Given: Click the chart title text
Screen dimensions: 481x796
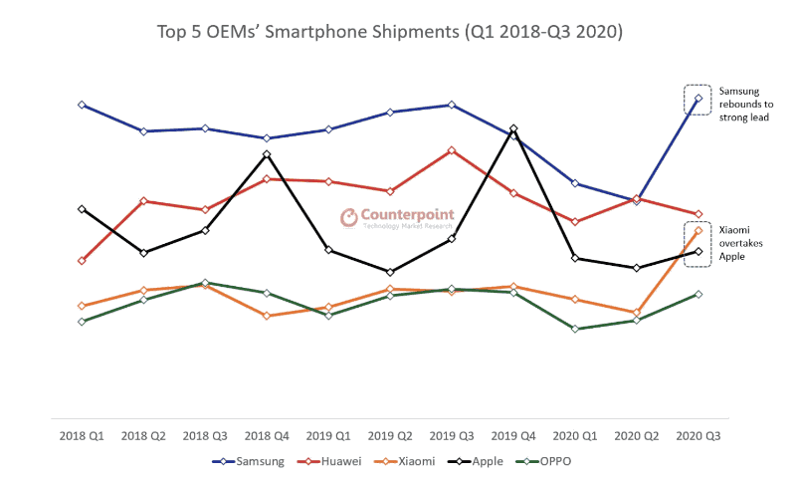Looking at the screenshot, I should pyautogui.click(x=390, y=32).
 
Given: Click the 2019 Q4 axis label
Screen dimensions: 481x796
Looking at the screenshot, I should pyautogui.click(x=512, y=436).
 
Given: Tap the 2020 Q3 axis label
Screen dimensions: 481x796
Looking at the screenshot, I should pyautogui.click(x=697, y=436).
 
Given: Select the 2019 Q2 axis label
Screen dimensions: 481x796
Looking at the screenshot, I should pyautogui.click(x=390, y=436).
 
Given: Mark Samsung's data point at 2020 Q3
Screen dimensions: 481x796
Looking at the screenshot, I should pyautogui.click(x=698, y=98).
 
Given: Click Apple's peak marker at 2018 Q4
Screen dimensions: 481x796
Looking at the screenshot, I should pyautogui.click(x=267, y=154).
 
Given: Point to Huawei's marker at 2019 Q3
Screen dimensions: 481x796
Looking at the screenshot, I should pyautogui.click(x=452, y=150).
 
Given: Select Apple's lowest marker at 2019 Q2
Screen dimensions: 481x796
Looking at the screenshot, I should pyautogui.click(x=390, y=272).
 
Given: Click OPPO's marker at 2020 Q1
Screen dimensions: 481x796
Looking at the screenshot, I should pyautogui.click(x=575, y=329).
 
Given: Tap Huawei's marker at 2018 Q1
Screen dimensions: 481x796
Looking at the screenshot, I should pyautogui.click(x=82, y=261).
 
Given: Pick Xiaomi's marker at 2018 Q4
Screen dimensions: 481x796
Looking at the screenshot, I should pyautogui.click(x=267, y=316).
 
